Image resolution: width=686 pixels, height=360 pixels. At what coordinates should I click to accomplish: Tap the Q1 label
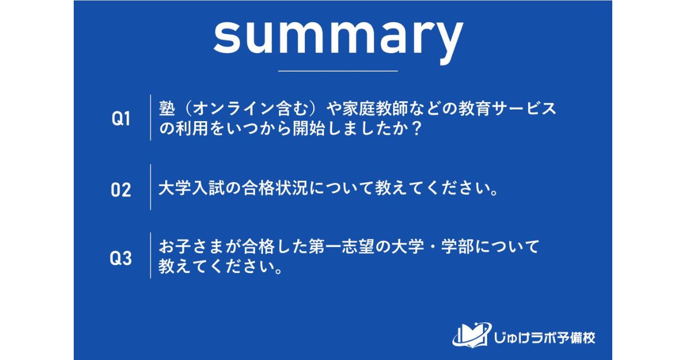click(x=121, y=119)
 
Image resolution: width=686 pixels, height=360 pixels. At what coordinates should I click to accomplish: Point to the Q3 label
click(x=121, y=258)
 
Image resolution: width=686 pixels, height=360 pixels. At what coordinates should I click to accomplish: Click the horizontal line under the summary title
click(x=337, y=71)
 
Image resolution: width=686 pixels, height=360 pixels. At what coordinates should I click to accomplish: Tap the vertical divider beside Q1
click(x=150, y=118)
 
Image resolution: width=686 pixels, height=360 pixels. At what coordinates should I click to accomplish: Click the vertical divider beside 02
click(x=150, y=187)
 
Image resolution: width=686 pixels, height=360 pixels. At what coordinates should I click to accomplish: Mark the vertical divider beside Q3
click(x=150, y=255)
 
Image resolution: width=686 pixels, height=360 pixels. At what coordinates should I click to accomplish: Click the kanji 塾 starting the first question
click(x=166, y=109)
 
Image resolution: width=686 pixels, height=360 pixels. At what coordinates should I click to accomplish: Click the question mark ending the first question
click(x=417, y=129)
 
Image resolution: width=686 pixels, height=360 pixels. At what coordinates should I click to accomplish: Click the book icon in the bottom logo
click(x=470, y=335)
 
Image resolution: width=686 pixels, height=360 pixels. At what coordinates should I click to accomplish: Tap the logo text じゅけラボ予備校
click(x=544, y=337)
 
